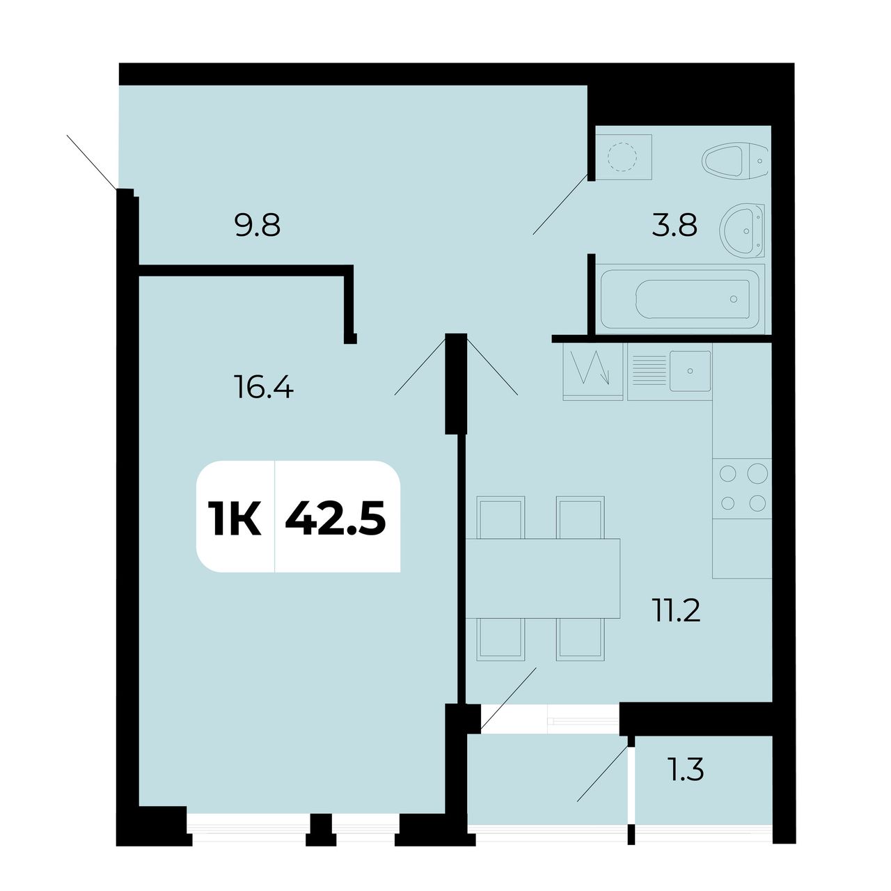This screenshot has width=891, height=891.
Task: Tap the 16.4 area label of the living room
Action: [x=264, y=386]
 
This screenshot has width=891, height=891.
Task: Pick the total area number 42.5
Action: [x=336, y=519]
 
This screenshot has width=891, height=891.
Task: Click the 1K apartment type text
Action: [x=235, y=519]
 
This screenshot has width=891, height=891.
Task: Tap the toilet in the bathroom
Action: [x=734, y=161]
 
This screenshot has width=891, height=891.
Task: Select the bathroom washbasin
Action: [x=742, y=230]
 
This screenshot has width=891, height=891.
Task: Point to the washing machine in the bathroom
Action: [x=623, y=157]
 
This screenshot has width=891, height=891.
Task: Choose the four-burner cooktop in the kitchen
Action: [x=742, y=488]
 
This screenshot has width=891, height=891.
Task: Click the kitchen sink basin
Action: [x=691, y=370]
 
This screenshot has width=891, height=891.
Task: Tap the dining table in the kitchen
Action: [x=543, y=578]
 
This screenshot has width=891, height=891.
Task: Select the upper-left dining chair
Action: [x=500, y=517]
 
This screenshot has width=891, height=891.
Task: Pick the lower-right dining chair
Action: [x=581, y=640]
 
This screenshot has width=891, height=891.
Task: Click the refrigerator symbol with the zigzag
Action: [x=593, y=372]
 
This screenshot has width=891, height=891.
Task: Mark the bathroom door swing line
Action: [x=560, y=205]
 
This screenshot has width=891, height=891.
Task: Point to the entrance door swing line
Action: [x=92, y=162]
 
